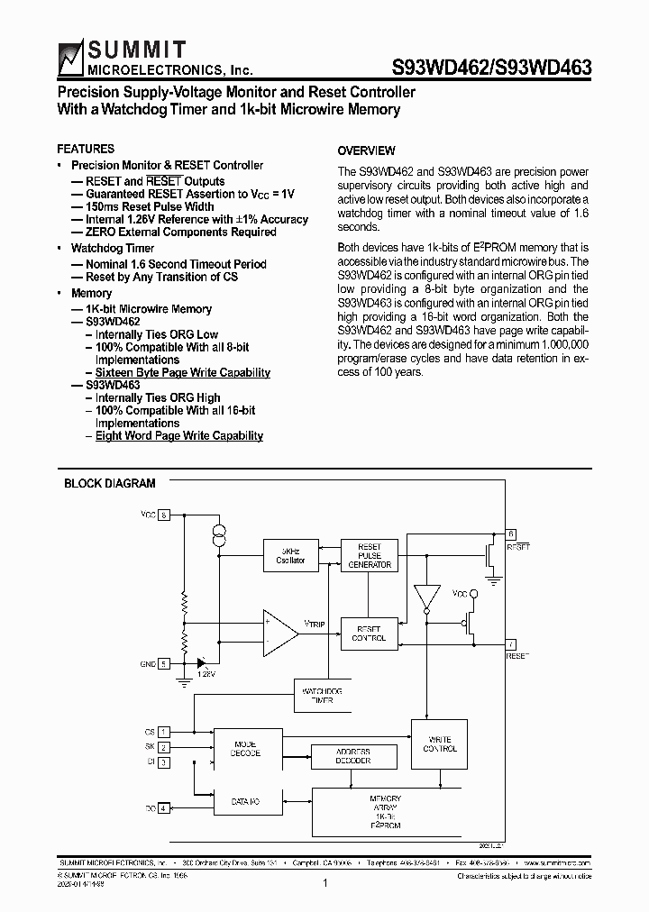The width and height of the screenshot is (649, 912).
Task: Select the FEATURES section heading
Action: pyautogui.click(x=86, y=149)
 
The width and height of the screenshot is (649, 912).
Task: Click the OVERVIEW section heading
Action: pyautogui.click(x=366, y=150)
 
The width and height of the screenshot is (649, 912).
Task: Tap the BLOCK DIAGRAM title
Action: pyautogui.click(x=109, y=483)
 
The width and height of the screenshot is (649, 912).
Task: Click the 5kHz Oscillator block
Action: pyautogui.click(x=290, y=555)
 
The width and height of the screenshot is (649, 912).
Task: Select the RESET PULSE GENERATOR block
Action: pyautogui.click(x=370, y=555)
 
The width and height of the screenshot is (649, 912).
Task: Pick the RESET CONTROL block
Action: pyautogui.click(x=370, y=634)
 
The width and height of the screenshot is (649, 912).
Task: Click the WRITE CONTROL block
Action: pyautogui.click(x=440, y=743)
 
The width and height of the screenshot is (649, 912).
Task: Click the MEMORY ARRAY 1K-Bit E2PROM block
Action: pyautogui.click(x=385, y=811)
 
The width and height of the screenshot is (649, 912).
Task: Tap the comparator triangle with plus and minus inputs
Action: pyautogui.click(x=279, y=632)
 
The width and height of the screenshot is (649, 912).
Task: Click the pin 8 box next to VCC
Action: pyautogui.click(x=163, y=515)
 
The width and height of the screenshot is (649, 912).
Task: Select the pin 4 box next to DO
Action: pyautogui.click(x=163, y=808)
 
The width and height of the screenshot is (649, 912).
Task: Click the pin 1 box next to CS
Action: pyautogui.click(x=163, y=732)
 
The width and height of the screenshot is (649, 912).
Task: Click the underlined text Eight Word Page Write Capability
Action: pyautogui.click(x=178, y=435)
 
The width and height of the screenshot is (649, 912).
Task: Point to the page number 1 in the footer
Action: pyautogui.click(x=324, y=883)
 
